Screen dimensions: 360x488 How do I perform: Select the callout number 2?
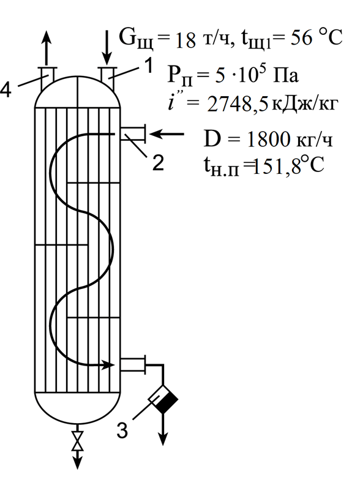click(159, 162)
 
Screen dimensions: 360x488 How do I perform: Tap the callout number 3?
click(122, 430)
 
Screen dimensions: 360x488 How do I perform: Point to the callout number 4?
click(6, 90)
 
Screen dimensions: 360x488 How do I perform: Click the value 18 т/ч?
click(201, 40)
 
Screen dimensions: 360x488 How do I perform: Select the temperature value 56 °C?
click(317, 38)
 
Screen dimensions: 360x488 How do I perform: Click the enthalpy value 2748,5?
click(238, 105)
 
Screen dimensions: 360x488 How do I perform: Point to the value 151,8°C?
click(288, 165)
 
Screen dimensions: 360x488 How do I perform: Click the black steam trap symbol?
click(163, 399)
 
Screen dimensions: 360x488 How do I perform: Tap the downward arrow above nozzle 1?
click(107, 48)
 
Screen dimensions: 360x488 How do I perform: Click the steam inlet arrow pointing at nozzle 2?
click(167, 134)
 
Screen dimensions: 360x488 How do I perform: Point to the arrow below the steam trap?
click(163, 429)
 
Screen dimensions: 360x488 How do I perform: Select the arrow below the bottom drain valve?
click(77, 459)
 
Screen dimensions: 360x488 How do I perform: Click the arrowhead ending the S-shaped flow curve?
click(108, 364)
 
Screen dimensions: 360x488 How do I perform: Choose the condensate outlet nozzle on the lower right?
click(133, 364)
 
